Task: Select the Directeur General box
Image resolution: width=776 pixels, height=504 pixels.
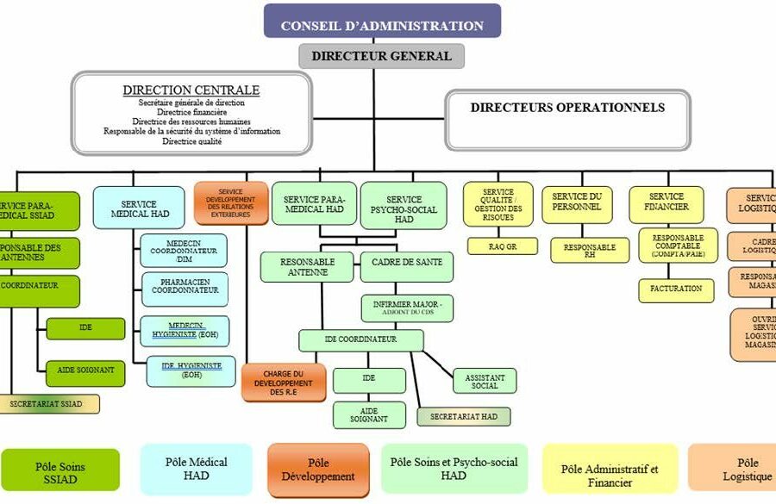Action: pos(381,56)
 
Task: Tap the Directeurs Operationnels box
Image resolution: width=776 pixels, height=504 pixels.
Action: pos(566,109)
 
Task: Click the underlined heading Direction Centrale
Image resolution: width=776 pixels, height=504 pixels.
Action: pos(191,90)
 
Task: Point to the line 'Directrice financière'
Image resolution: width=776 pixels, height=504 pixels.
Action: pos(191,112)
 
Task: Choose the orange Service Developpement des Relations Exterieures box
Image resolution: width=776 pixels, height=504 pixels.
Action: pos(231,202)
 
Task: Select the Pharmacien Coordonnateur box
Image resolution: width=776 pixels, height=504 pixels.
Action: pos(184,289)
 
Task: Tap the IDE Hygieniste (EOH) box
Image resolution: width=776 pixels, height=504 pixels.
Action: pos(191,370)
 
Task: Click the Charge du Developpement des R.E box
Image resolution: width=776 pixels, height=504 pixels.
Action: pos(283,382)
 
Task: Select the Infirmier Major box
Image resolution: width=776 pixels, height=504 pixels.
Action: pos(408,308)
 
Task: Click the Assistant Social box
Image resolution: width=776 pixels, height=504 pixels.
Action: pos(485,381)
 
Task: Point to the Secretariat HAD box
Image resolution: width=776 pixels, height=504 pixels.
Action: pos(464,416)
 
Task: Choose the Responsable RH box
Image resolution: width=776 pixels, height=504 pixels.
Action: pos(589,251)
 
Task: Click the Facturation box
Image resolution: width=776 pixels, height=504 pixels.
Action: pos(676,289)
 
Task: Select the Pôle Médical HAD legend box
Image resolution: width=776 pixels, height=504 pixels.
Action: pos(196,469)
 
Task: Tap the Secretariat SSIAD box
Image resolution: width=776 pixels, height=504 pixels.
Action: pos(50,403)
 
